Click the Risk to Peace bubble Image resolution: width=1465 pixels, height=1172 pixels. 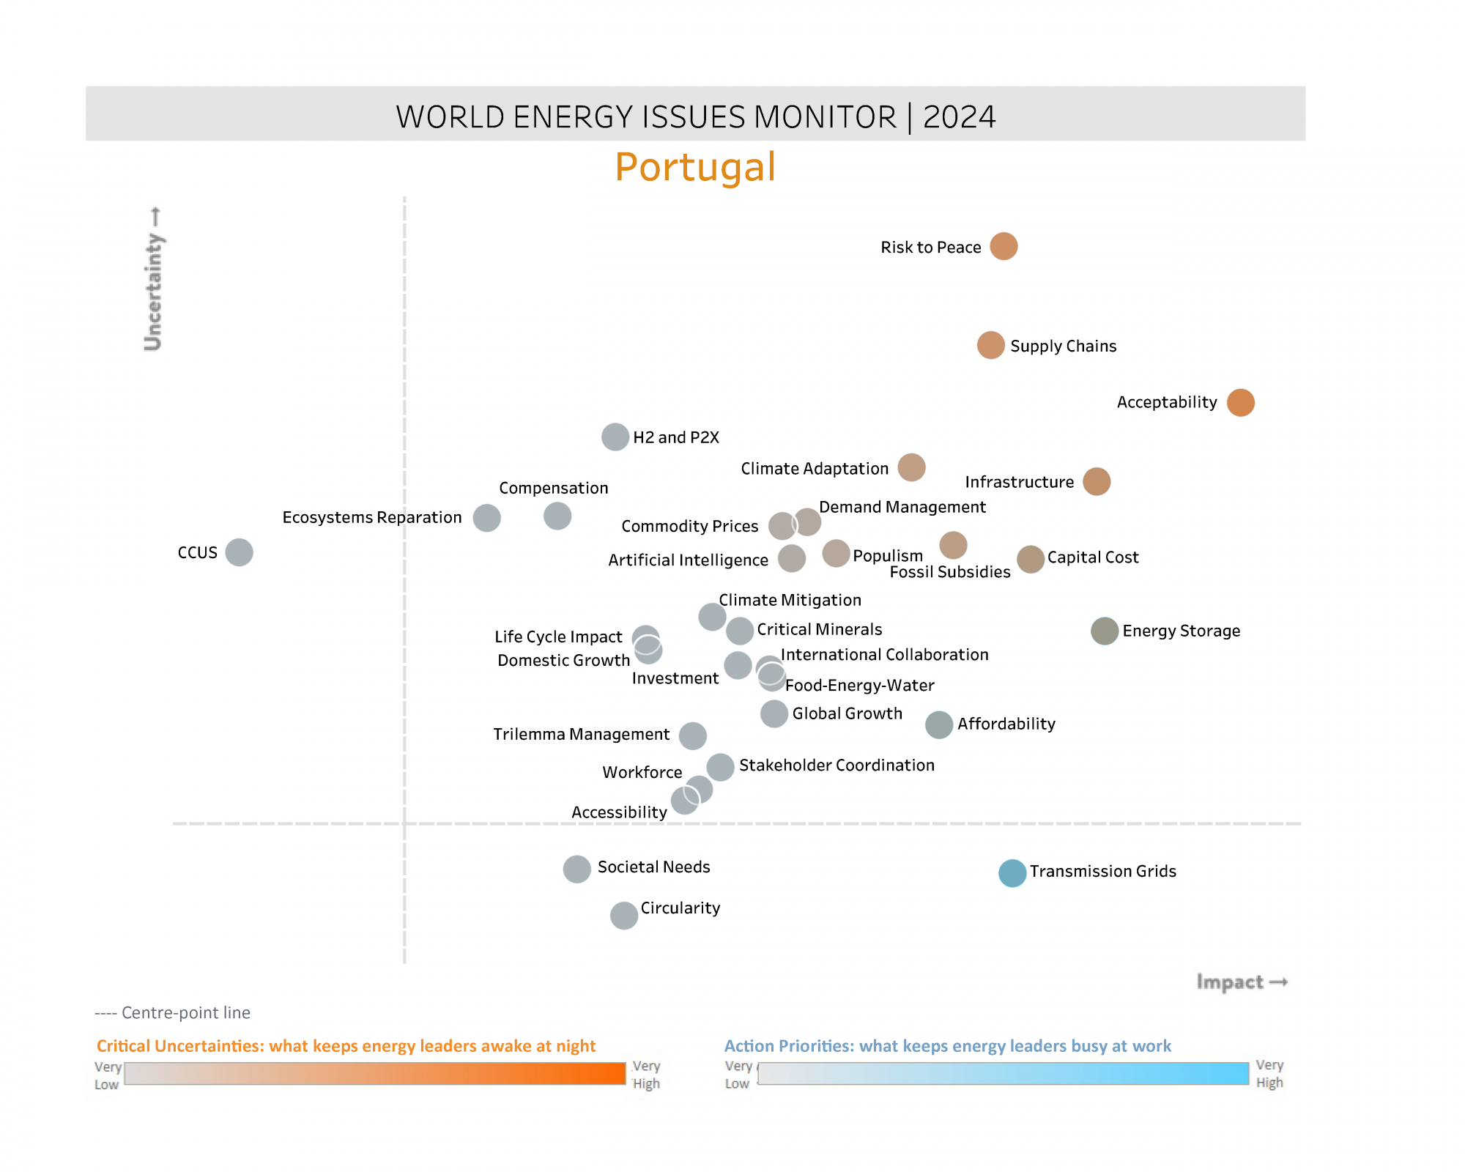(x=1004, y=246)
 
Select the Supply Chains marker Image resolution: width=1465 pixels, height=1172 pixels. (x=990, y=345)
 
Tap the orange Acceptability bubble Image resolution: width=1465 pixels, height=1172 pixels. (x=1240, y=402)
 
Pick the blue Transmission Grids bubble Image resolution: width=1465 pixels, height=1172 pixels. (x=1012, y=872)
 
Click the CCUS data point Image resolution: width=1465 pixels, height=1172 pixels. (x=239, y=552)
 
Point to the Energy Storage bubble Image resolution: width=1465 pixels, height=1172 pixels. (x=1104, y=631)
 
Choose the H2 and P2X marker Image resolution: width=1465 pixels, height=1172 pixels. (x=615, y=437)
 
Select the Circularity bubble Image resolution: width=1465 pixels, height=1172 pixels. (x=624, y=915)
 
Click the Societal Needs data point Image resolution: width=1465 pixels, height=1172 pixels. (x=577, y=869)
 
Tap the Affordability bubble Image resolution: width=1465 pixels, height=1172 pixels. (x=939, y=724)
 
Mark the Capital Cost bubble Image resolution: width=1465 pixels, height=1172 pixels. (x=1031, y=560)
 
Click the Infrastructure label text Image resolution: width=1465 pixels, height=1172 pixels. (x=1019, y=482)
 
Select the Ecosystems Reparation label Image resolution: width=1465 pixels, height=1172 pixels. (x=372, y=517)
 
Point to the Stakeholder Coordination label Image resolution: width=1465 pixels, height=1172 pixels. (x=837, y=765)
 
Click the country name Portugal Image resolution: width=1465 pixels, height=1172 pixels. (x=695, y=167)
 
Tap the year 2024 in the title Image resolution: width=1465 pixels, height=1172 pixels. (x=959, y=117)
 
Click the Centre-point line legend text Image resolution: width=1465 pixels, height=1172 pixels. (x=173, y=1012)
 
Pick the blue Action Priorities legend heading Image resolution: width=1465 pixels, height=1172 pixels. (x=947, y=1046)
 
